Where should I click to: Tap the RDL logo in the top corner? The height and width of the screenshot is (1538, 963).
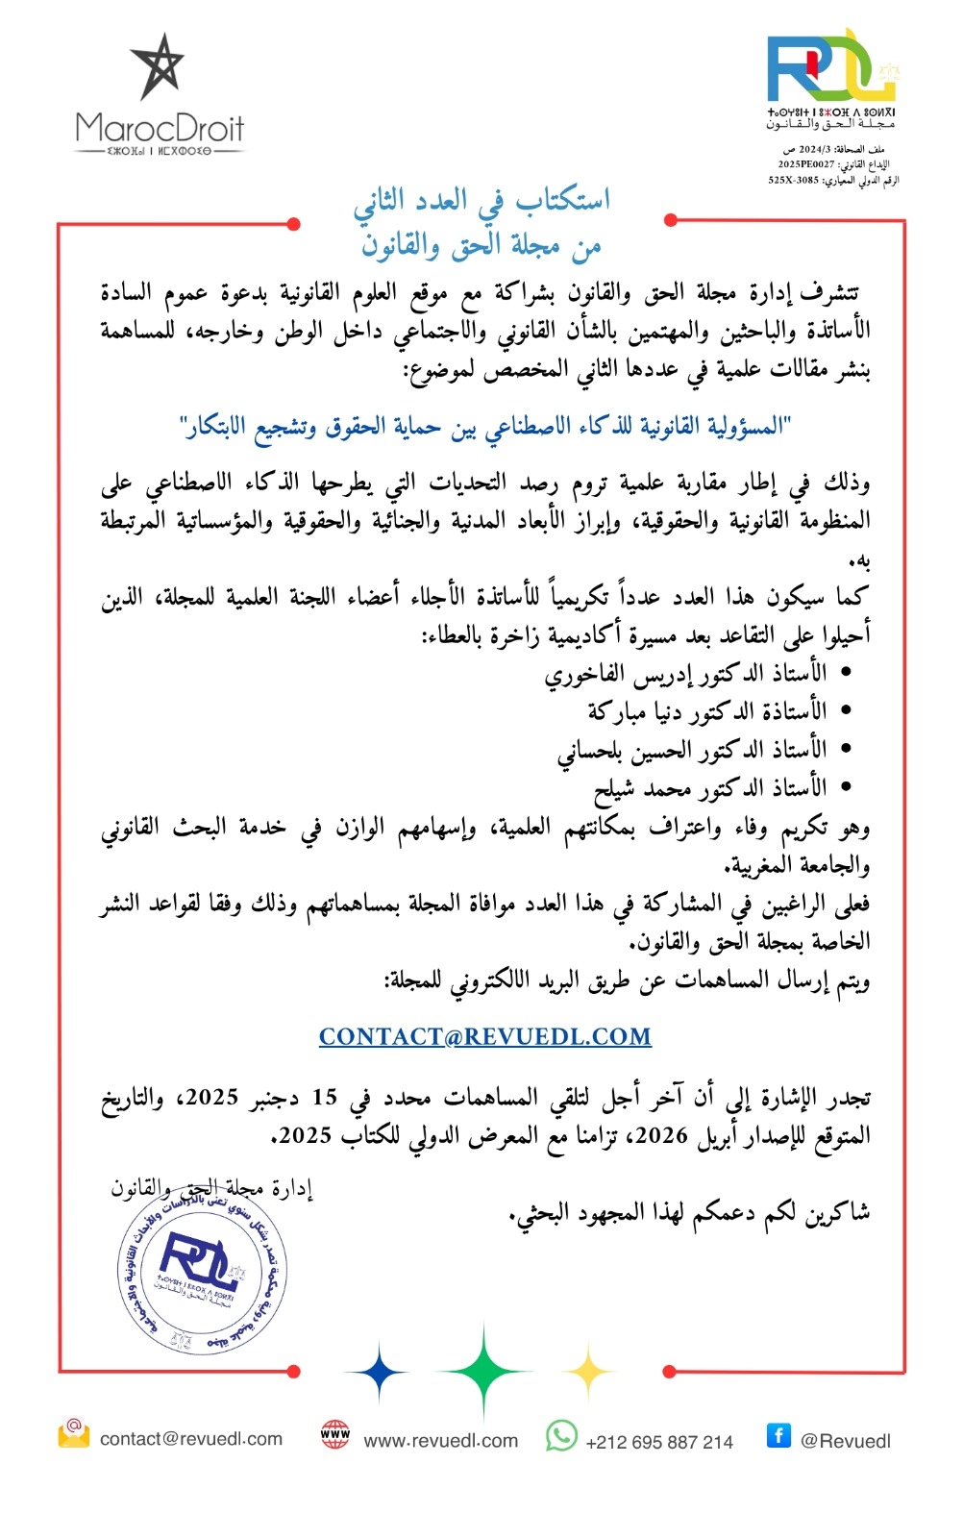(x=832, y=67)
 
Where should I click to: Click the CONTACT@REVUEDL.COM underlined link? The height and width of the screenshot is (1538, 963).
(x=484, y=1036)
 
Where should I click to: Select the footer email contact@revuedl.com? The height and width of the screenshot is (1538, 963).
(x=190, y=1439)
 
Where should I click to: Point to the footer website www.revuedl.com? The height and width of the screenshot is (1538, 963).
(x=440, y=1441)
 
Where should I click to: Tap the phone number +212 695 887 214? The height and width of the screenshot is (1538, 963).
(x=658, y=1442)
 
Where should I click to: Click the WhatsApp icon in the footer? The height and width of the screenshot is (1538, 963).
(x=561, y=1436)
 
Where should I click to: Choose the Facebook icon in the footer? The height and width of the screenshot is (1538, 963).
(x=778, y=1435)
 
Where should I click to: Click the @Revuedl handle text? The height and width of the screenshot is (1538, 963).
(x=845, y=1441)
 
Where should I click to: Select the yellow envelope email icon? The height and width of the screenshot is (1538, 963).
(x=73, y=1433)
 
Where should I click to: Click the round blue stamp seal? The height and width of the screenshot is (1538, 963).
(x=202, y=1269)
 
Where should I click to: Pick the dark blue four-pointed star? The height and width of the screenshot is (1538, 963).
(x=378, y=1372)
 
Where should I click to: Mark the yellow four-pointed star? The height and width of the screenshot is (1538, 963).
(x=587, y=1371)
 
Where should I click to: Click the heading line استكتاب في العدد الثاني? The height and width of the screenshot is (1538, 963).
(x=481, y=201)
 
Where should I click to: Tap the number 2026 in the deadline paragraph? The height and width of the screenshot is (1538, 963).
(x=661, y=1135)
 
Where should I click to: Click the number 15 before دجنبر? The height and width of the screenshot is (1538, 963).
(x=325, y=1097)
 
